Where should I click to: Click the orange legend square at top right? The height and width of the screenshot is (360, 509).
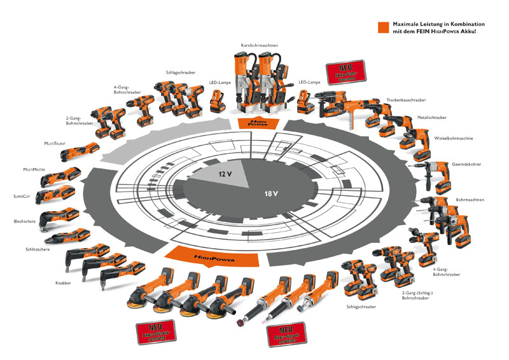[382, 27]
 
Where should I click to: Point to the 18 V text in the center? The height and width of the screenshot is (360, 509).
[273, 193]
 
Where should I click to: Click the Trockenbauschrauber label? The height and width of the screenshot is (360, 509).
[405, 100]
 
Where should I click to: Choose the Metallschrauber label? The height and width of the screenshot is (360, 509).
[431, 117]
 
